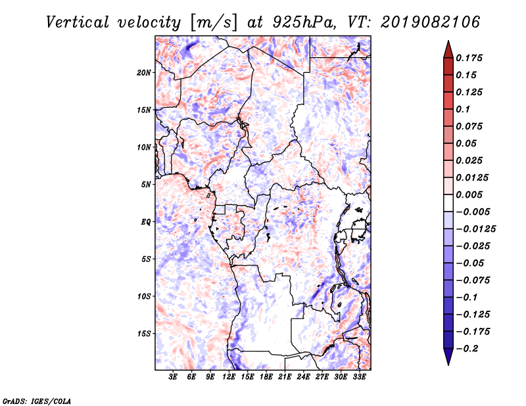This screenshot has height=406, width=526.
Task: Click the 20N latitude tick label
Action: coord(143,73)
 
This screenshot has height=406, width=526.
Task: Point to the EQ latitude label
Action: coord(146,222)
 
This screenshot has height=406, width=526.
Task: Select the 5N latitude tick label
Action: coord(146,185)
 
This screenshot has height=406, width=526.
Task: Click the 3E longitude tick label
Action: coord(173,377)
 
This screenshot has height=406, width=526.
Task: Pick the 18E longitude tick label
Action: coord(266,377)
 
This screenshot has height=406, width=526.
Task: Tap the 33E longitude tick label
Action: coord(359,377)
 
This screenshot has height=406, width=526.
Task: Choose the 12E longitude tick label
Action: coord(229,377)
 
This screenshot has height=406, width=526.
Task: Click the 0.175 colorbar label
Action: coord(469,58)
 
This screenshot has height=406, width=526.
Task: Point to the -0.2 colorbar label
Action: coord(467,349)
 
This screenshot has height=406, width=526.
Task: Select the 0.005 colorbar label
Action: coord(469,194)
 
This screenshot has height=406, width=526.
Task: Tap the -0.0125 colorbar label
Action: coord(475,229)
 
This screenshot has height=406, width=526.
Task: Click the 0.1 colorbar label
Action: coord(463,109)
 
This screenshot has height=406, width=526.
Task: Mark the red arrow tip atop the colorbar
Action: coord(448,41)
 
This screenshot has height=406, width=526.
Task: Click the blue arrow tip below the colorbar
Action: coord(448,365)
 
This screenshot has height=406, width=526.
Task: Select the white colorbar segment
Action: coord(448,203)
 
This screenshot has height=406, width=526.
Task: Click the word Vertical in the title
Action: coord(78,22)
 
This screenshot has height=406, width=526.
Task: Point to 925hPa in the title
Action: coord(303,22)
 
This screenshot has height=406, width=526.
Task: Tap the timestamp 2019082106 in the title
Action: coord(430,22)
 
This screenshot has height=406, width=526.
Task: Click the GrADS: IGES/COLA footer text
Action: coord(37,401)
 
